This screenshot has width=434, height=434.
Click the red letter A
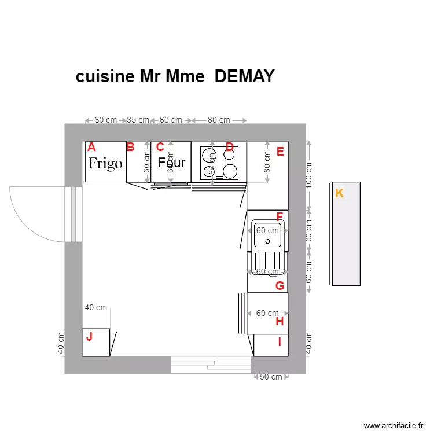pos(91,147)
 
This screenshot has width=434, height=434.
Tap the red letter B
pos(131,147)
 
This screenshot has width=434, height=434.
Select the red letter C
pos(160,147)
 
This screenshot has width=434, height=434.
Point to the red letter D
pos(229,147)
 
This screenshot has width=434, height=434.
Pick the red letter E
pos(280,152)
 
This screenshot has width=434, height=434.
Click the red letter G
pos(279,285)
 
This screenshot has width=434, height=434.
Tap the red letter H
pos(279,321)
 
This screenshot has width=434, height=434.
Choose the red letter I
pos(279,342)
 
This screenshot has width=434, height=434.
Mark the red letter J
pos(89,336)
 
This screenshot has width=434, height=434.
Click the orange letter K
pos(340,193)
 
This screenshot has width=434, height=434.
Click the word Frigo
pos(105,163)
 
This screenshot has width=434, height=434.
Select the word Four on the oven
pos(172,163)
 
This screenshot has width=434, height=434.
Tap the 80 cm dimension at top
pos(219,120)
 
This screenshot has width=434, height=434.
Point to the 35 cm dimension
pos(138,120)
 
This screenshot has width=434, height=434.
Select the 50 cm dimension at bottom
pos(271,377)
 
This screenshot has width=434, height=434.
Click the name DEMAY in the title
pos(244,77)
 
